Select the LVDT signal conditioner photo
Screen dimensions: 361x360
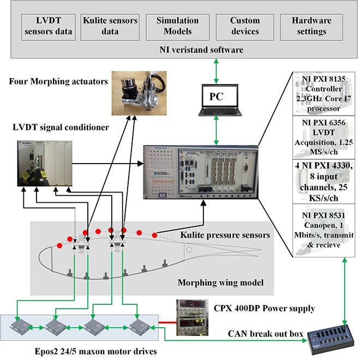click(45, 161)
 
